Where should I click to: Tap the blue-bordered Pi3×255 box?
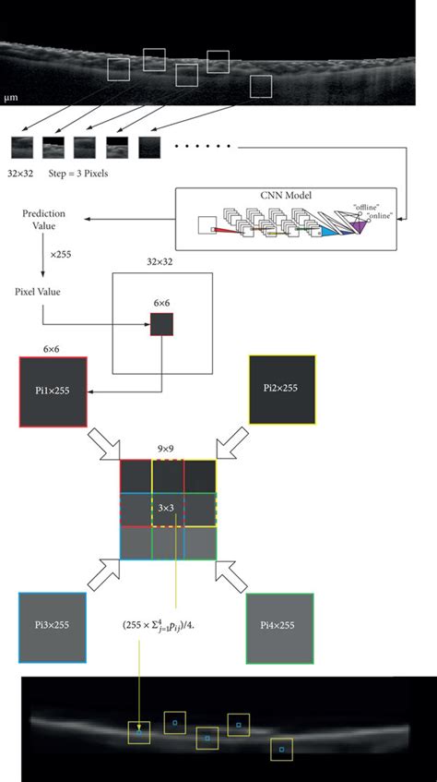[53, 626]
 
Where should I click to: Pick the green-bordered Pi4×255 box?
[280, 626]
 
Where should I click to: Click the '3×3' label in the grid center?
[168, 509]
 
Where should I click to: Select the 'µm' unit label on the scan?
[11, 96]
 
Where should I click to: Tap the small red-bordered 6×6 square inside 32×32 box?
[161, 324]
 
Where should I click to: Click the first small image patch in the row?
[21, 147]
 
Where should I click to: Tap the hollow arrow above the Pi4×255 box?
[236, 577]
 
